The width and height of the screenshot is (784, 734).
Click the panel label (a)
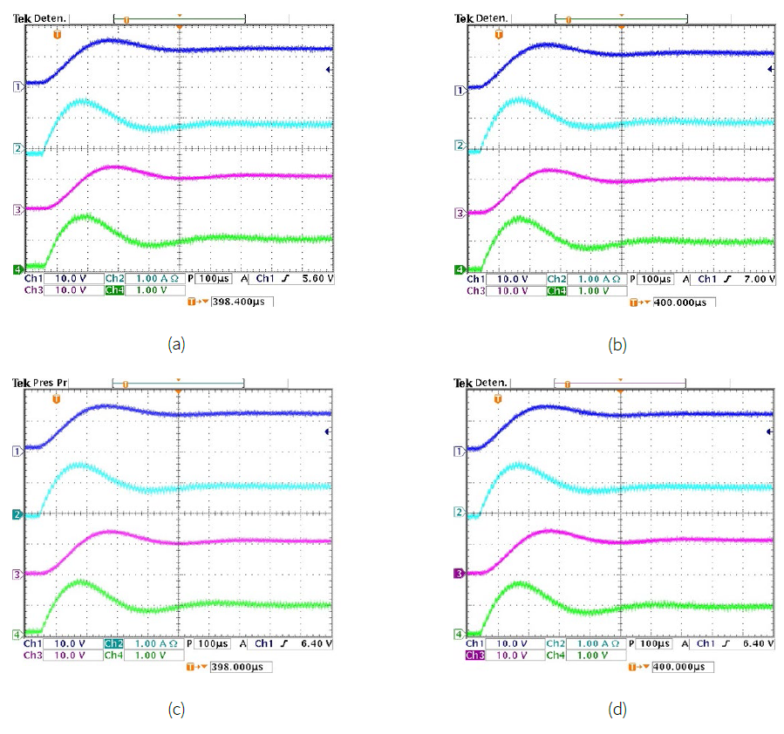pyautogui.click(x=176, y=343)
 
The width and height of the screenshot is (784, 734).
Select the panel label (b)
pyautogui.click(x=617, y=344)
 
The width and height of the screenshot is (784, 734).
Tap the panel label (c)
pyautogui.click(x=176, y=709)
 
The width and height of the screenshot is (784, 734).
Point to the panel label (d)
pyautogui.click(x=617, y=709)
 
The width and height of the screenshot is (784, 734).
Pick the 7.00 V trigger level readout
pyautogui.click(x=753, y=279)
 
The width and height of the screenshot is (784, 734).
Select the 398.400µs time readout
pyautogui.click(x=242, y=302)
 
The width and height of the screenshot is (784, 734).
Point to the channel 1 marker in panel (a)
pyautogui.click(x=16, y=86)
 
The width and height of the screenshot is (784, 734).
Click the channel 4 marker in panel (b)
pyautogui.click(x=460, y=269)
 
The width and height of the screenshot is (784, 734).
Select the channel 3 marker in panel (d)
pyautogui.click(x=460, y=574)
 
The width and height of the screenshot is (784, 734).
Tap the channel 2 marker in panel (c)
pyautogui.click(x=16, y=516)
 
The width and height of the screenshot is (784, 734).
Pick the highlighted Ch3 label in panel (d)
pyautogui.click(x=475, y=655)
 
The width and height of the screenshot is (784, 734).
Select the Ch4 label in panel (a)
pyautogui.click(x=114, y=290)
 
